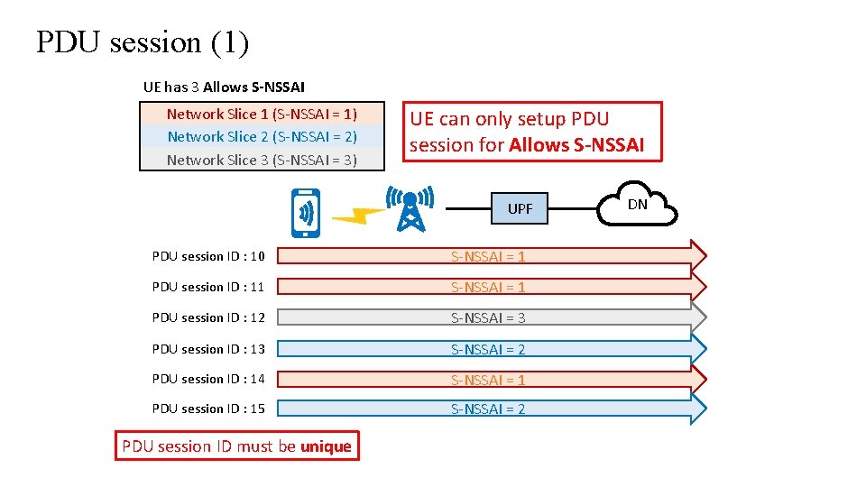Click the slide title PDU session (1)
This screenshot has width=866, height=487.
click(143, 42)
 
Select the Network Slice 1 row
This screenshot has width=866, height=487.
click(262, 114)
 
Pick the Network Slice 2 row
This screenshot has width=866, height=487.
click(262, 137)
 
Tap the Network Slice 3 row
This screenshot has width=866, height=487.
click(262, 161)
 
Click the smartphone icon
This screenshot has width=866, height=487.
click(306, 213)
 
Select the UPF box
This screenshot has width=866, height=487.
click(520, 209)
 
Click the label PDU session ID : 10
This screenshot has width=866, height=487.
click(208, 257)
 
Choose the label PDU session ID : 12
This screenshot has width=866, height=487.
click(208, 318)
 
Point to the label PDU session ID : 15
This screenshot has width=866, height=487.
click(208, 409)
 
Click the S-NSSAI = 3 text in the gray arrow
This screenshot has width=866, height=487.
click(488, 318)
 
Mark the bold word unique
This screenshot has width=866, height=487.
click(326, 446)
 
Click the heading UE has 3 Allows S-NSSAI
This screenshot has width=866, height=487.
click(224, 87)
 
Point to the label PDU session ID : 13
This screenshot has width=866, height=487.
click(208, 349)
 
